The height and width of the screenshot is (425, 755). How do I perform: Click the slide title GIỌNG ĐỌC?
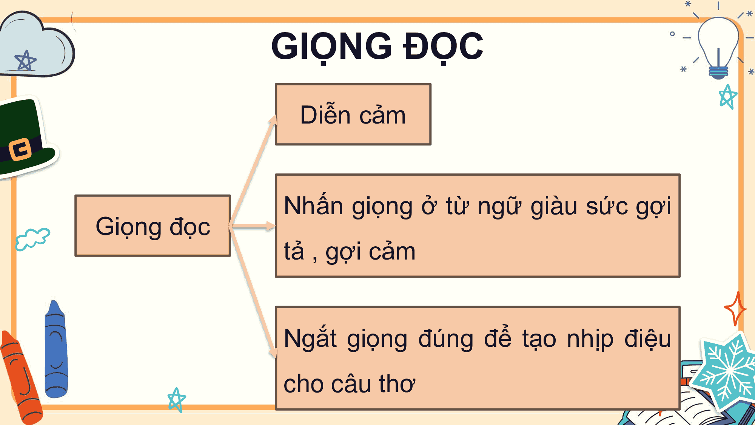[377, 46]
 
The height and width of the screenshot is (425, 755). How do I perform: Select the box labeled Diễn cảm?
[353, 114]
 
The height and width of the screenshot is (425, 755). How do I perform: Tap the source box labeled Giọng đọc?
[153, 226]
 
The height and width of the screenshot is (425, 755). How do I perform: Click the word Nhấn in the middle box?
[313, 206]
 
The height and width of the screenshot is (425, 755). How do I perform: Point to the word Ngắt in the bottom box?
[310, 338]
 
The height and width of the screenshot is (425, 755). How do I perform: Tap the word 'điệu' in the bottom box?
[648, 338]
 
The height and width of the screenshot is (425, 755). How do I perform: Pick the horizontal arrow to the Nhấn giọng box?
[253, 226]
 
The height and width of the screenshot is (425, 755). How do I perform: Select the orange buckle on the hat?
[20, 149]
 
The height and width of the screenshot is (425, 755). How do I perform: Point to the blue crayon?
[56, 351]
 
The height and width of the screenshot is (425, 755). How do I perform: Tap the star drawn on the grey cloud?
[25, 61]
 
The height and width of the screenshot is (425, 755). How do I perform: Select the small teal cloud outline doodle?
[32, 239]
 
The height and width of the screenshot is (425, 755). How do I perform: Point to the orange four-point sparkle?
[735, 309]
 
